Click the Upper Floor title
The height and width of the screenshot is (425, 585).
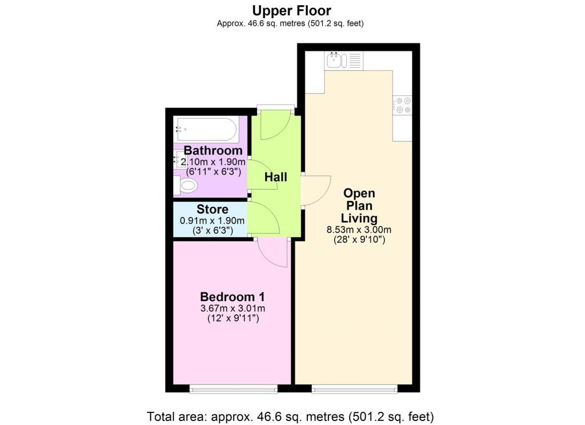coord(291,10)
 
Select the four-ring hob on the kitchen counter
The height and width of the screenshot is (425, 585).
coord(403,105)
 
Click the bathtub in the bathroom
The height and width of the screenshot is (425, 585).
coord(206,130)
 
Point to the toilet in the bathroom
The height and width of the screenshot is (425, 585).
coord(185,185)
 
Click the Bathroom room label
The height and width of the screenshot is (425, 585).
coord(213,150)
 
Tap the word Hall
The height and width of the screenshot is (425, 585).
coord(276,177)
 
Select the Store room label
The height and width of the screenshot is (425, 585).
coord(213,209)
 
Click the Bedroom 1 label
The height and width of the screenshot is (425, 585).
coord(233,296)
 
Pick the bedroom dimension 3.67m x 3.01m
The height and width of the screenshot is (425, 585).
coord(233,308)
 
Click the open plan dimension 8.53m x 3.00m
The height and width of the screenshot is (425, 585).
coord(359,230)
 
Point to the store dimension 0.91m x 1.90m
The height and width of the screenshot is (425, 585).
coord(213,220)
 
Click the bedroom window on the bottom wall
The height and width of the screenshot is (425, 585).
coord(234,389)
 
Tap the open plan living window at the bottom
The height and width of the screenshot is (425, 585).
coord(354,389)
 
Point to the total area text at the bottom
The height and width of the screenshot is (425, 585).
coord(290,416)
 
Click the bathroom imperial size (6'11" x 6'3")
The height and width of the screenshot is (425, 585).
coord(214,171)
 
